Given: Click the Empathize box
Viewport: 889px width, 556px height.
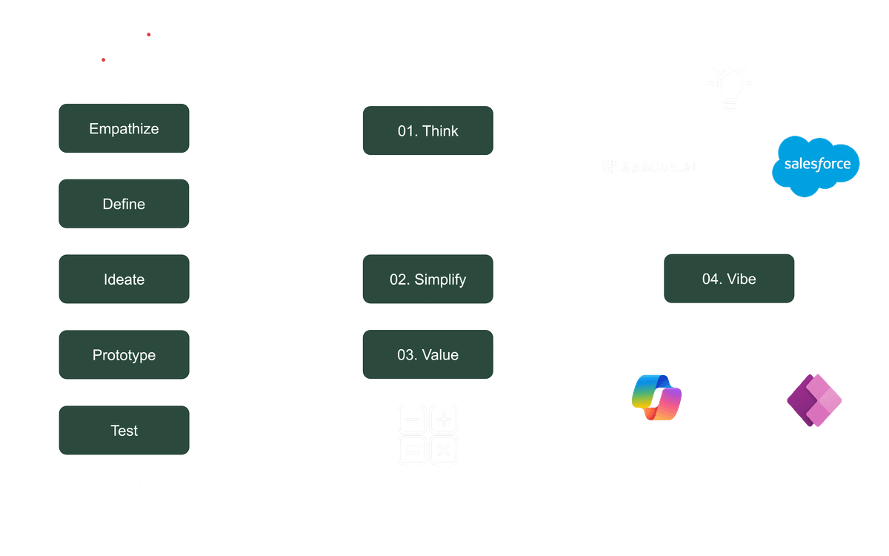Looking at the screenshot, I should tap(124, 129).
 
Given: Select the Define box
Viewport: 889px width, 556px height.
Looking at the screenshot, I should tap(124, 204).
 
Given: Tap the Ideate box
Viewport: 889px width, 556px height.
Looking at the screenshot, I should tap(124, 279).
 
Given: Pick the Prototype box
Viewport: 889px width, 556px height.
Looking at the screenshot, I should tap(124, 355).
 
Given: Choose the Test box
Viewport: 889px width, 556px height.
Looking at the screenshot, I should tap(124, 431).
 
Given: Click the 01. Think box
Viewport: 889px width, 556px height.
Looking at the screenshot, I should tap(427, 131).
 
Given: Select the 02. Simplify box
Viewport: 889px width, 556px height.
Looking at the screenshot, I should tap(427, 279).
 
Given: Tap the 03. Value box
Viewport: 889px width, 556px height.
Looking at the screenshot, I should tap(427, 355).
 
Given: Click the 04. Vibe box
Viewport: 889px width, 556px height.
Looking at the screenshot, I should tap(728, 279).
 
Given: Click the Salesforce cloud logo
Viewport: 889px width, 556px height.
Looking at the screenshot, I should tap(816, 165).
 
